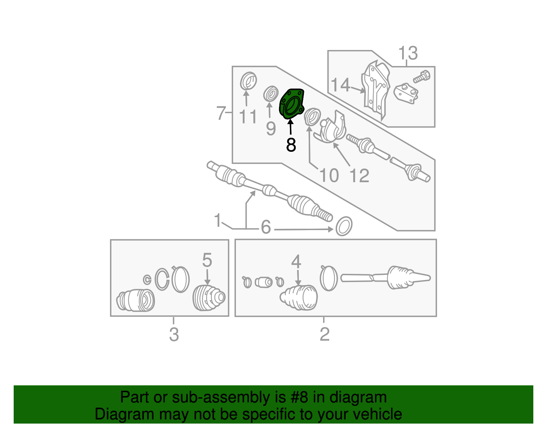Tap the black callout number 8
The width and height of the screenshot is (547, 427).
pyautogui.click(x=291, y=145)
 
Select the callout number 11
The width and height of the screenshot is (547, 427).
pyautogui.click(x=248, y=117)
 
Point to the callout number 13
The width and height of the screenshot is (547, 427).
pyautogui.click(x=408, y=53)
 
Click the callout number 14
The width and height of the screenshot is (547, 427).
pyautogui.click(x=341, y=85)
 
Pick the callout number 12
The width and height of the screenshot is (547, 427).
pyautogui.click(x=359, y=176)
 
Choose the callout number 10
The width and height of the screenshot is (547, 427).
pyautogui.click(x=329, y=176)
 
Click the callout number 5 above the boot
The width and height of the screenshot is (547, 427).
pyautogui.click(x=207, y=261)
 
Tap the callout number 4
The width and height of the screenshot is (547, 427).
pyautogui.click(x=296, y=262)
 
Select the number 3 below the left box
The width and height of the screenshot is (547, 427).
pyautogui.click(x=174, y=334)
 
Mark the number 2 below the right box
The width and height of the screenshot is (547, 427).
pyautogui.click(x=324, y=334)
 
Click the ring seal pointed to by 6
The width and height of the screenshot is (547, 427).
pyautogui.click(x=344, y=226)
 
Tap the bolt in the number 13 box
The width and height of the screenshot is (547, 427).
pyautogui.click(x=422, y=77)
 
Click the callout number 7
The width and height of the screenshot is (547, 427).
pyautogui.click(x=221, y=113)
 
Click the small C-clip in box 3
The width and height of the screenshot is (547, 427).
pyautogui.click(x=147, y=280)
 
